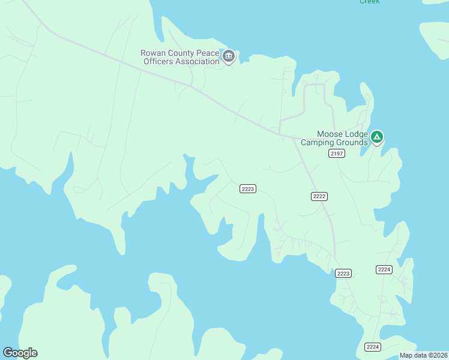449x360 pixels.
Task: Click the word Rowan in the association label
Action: (x=153, y=53)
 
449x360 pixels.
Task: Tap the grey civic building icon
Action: (x=229, y=57)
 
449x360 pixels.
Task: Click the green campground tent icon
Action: (x=377, y=138)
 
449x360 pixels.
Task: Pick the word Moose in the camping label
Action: (x=330, y=134)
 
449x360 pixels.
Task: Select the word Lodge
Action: (x=355, y=134)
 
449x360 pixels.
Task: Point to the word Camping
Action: (x=318, y=143)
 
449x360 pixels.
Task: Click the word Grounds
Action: (x=352, y=143)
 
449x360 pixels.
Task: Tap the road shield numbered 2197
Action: (x=337, y=154)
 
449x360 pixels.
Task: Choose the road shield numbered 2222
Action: (x=319, y=196)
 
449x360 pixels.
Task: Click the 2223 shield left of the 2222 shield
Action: (x=248, y=188)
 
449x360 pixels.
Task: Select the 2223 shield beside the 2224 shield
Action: (x=343, y=274)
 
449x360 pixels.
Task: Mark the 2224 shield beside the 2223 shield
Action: (x=384, y=269)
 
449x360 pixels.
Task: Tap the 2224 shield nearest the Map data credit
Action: (x=373, y=347)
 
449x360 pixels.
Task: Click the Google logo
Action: (x=20, y=353)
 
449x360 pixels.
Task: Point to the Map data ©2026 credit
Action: (x=423, y=355)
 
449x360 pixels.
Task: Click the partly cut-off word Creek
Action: (x=370, y=2)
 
